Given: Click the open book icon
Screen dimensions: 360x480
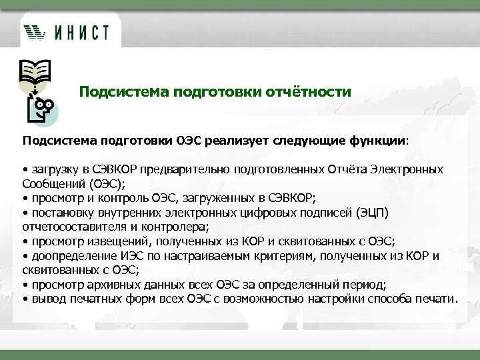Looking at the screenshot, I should (33, 69).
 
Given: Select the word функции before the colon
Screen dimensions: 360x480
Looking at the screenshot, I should (385, 141).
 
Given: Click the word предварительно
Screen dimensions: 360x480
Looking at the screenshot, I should (186, 169).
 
